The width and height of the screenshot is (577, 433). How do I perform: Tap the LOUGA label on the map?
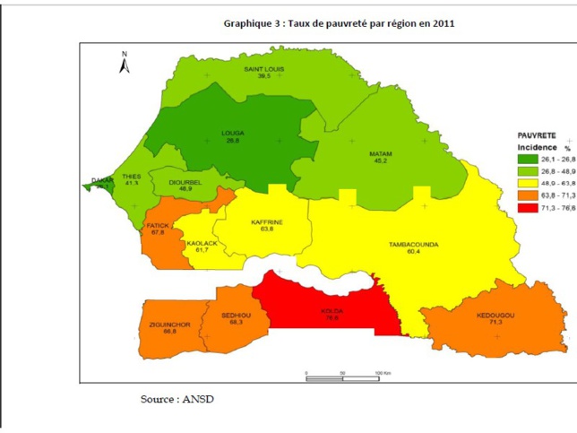click(x=232, y=133)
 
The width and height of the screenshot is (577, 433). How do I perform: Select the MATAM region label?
click(x=381, y=154)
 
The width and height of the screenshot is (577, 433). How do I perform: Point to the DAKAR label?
click(x=103, y=180)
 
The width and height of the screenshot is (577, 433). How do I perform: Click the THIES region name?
click(x=132, y=177)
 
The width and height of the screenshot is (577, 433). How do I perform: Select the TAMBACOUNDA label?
click(x=411, y=244)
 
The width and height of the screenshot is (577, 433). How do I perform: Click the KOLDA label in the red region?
click(x=333, y=311)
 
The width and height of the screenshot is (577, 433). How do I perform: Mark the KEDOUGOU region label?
click(x=495, y=316)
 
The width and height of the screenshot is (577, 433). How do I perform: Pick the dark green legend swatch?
click(x=526, y=159)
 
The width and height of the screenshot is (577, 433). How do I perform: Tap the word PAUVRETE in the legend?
click(x=537, y=134)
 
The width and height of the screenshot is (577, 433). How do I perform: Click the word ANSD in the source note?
click(x=198, y=398)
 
